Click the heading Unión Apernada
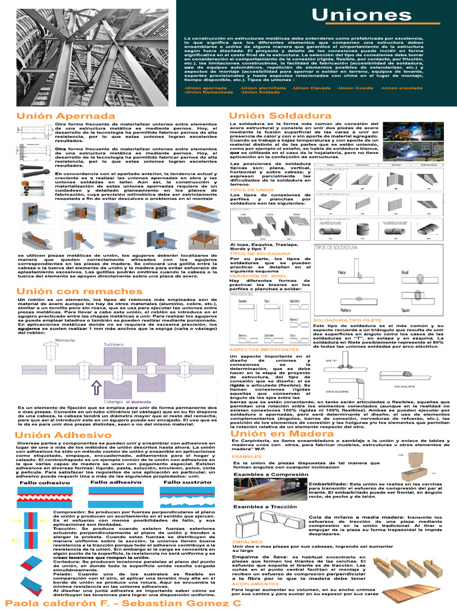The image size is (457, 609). pyautogui.click(x=57, y=115)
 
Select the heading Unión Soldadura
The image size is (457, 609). pyautogui.click(x=271, y=115)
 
